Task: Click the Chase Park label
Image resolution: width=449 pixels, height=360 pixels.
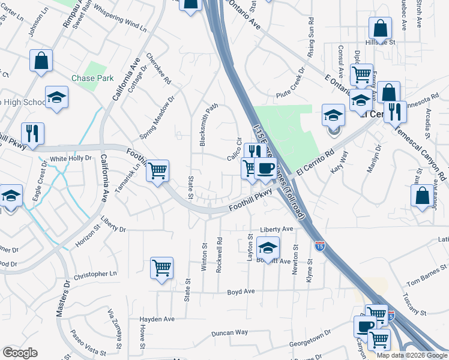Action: coord(92,78)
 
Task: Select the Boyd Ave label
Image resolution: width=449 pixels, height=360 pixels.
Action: coord(241,292)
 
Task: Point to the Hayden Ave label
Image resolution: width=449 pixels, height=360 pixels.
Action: coord(157,319)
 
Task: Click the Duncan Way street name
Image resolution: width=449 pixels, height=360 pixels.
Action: coord(229,332)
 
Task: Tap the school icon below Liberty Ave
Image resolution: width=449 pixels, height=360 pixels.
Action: coord(268,247)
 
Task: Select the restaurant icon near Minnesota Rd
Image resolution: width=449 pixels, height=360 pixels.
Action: coord(395,112)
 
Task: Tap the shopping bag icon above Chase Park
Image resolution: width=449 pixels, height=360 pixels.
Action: coord(41,60)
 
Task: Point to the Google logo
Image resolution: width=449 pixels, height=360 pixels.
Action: coord(20,353)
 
